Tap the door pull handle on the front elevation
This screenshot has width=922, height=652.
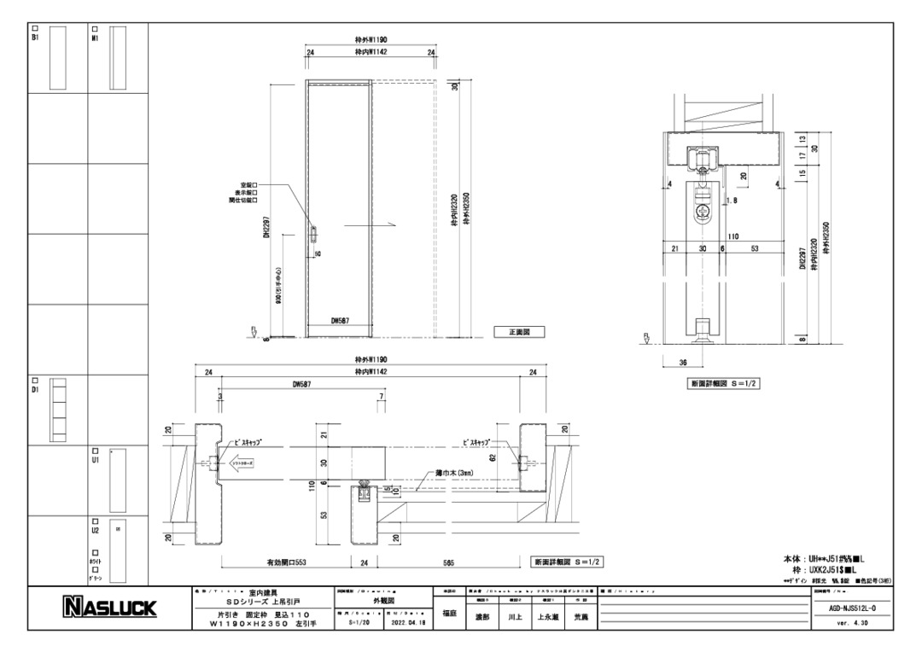point(313,232)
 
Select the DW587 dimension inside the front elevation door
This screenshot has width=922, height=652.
point(340,321)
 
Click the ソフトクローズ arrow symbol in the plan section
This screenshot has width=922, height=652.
point(235,462)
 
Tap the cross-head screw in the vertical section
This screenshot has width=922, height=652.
point(704,209)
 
